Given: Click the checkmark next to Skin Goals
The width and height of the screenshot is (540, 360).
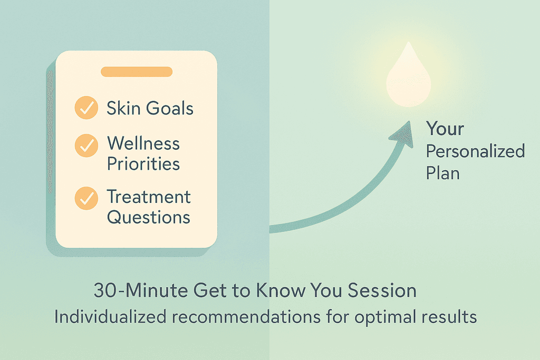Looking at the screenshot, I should tap(85, 108).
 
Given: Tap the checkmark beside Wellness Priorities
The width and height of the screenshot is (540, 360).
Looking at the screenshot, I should tap(85, 145).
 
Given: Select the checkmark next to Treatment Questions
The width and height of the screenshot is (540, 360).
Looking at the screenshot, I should tap(85, 198).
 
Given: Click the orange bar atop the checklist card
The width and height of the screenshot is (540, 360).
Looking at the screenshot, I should tap(137, 72).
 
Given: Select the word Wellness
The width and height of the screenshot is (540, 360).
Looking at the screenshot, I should tap(143, 143).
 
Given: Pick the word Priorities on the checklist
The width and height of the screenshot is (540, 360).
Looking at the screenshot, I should tap(143, 163).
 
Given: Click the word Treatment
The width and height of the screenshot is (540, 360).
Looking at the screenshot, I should tap(149, 197).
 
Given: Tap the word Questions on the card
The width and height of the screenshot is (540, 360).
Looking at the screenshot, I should tap(149, 217).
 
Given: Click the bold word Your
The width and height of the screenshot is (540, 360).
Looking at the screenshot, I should tap(445, 129).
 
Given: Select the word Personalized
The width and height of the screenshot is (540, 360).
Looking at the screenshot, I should tap(475, 152).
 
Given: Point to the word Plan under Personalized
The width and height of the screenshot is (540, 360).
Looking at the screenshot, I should tap(442, 173).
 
